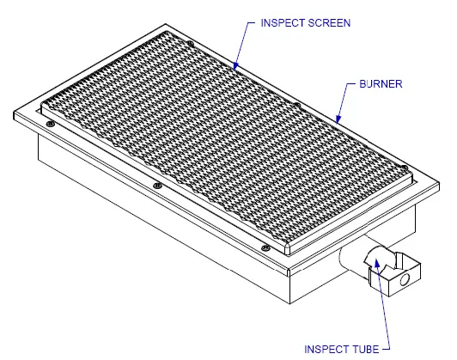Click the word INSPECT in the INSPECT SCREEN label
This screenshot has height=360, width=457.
tap(282, 23)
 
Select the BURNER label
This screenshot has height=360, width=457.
tap(381, 84)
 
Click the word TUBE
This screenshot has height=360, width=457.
tap(364, 349)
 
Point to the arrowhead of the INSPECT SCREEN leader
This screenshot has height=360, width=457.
tap(235, 66)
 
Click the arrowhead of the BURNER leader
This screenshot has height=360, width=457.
tap(338, 119)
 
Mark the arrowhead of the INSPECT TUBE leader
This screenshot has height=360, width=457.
tap(376, 263)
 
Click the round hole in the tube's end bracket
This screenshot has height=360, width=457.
tap(405, 279)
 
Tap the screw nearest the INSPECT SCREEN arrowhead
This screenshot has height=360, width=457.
tap(191, 44)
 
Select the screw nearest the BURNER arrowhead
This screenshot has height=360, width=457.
tap(296, 105)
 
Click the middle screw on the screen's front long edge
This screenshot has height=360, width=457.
tap(157, 186)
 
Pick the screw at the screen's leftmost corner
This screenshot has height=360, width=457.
tap(51, 125)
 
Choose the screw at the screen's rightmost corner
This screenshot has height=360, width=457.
tap(404, 168)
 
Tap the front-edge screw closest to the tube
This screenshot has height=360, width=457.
tap(265, 247)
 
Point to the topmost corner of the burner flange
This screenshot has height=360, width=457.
tap(166, 24)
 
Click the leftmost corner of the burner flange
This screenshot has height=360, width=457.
tap(15, 114)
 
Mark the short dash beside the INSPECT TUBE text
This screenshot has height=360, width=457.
tap(386, 349)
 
